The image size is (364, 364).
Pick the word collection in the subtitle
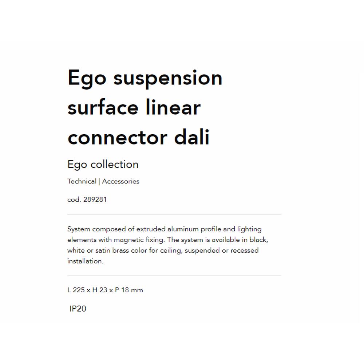tap(114, 165)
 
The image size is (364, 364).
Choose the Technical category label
tap(82, 181)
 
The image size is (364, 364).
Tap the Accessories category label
tap(121, 181)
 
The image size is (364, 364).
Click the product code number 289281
tap(95, 200)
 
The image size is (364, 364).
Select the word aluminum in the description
tap(181, 229)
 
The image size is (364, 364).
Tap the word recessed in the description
tap(244, 250)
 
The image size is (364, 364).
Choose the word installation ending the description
tap(85, 261)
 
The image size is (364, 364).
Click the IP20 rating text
tap(78, 309)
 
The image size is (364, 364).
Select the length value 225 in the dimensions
tap(79, 290)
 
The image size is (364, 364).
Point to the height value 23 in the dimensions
tap(103, 290)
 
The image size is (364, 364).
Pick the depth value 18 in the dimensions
tap(125, 290)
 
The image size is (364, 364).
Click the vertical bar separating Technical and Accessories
tap(99, 181)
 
